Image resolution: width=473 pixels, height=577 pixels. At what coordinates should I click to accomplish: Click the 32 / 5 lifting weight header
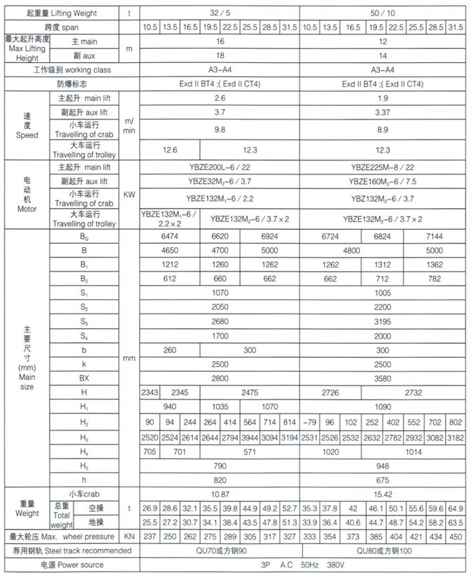(x=219, y=13)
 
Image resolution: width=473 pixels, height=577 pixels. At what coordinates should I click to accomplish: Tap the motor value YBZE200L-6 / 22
(x=219, y=167)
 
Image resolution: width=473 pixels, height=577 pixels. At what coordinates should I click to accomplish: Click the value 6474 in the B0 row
(x=170, y=236)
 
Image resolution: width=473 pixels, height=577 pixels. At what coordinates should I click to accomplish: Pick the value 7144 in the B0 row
(x=435, y=236)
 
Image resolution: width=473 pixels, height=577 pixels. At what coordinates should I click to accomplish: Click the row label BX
(x=84, y=377)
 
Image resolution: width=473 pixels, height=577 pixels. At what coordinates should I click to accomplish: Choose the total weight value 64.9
(x=456, y=508)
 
